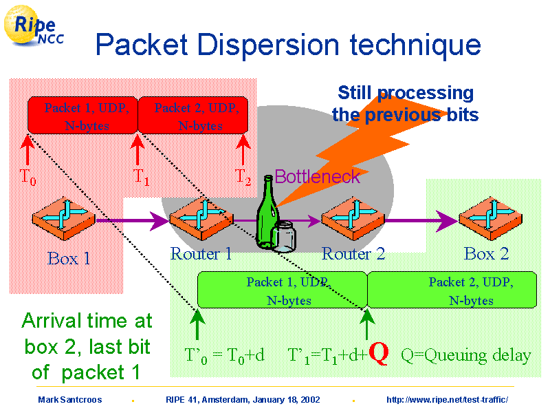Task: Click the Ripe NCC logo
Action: pyautogui.click(x=34, y=25)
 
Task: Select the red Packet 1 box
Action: pyautogui.click(x=82, y=115)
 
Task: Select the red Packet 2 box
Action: pyautogui.click(x=193, y=115)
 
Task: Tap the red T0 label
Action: pyautogui.click(x=28, y=177)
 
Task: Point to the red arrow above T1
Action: pyautogui.click(x=137, y=149)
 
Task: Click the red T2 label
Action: pyautogui.click(x=243, y=177)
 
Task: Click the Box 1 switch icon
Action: pyautogui.click(x=63, y=219)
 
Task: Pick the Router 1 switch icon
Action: pyautogui.click(x=201, y=219)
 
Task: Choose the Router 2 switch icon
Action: pyautogui.click(x=353, y=219)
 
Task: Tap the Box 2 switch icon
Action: pyautogui.click(x=490, y=219)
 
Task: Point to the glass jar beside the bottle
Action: pyautogui.click(x=285, y=237)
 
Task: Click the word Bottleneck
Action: pyautogui.click(x=318, y=176)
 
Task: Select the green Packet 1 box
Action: pyautogui.click(x=283, y=290)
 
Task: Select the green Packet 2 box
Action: pyautogui.click(x=452, y=290)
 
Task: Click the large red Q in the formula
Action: pyautogui.click(x=379, y=354)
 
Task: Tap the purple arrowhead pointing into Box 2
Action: pyautogui.click(x=447, y=221)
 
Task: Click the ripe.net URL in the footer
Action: pyautogui.click(x=448, y=400)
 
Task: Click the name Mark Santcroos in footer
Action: pyautogui.click(x=70, y=400)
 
